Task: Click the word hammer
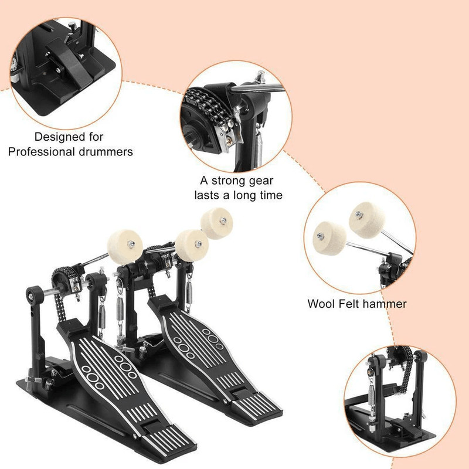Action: click(385, 304)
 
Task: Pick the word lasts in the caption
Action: click(209, 195)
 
